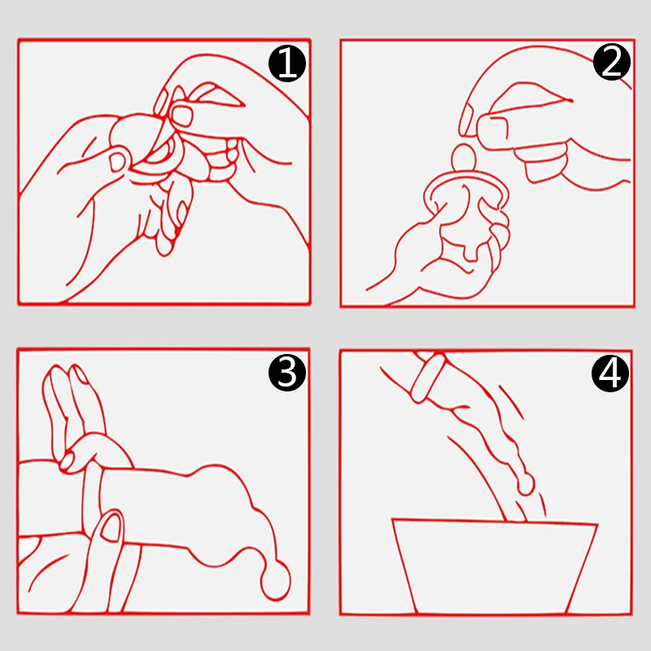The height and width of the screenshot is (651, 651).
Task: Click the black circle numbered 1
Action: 287,63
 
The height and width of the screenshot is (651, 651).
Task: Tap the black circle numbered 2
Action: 612,62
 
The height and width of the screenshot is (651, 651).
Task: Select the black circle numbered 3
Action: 287,372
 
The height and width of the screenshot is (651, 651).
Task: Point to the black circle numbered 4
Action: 609,373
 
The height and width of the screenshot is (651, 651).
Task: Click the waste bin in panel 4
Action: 495,566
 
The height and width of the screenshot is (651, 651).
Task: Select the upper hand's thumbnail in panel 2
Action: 492,127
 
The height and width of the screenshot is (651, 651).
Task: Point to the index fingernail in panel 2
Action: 468,119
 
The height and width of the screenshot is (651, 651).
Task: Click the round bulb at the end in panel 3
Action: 276,579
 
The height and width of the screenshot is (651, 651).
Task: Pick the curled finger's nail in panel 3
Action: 67,461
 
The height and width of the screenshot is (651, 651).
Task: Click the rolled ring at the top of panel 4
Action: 428,377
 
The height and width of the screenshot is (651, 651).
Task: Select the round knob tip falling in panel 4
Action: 526,484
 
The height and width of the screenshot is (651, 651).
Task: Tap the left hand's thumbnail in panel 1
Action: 118,161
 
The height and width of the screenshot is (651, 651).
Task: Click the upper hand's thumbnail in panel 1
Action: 182,116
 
